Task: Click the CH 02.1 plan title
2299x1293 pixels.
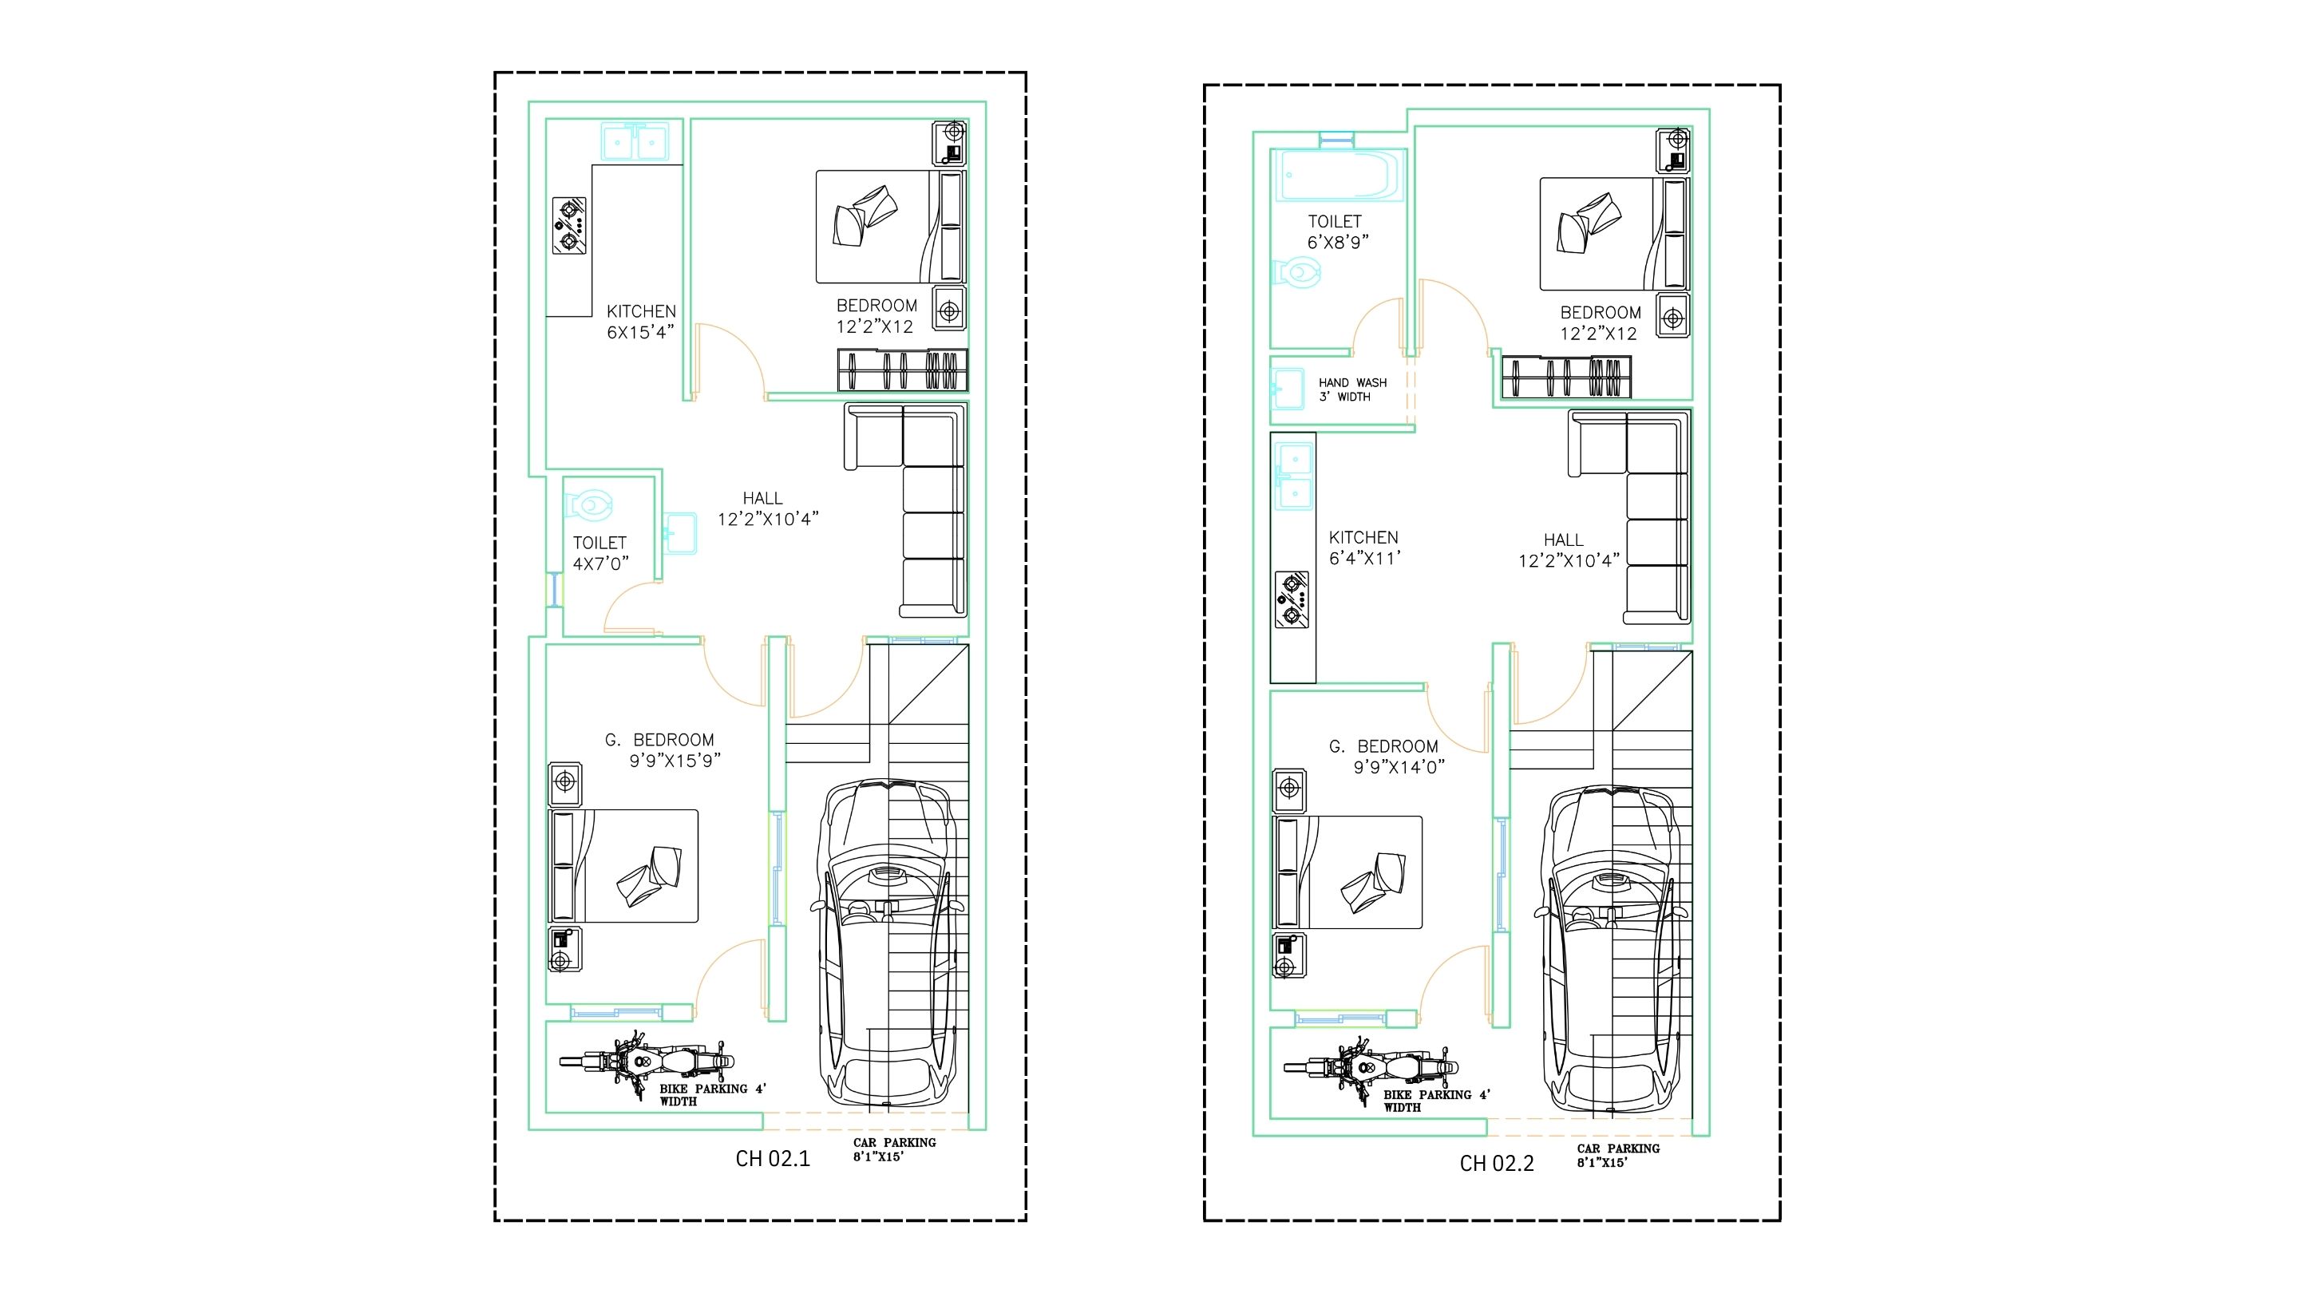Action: [x=773, y=1158]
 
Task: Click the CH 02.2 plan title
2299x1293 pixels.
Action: [x=1497, y=1164]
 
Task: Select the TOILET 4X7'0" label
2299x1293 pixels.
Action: [x=600, y=553]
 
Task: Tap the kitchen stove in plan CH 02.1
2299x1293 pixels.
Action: [x=569, y=227]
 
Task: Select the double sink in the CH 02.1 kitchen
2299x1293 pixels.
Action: [x=634, y=141]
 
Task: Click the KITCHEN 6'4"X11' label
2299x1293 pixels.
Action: [x=1363, y=548]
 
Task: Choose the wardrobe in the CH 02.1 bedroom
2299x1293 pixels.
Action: [x=902, y=370]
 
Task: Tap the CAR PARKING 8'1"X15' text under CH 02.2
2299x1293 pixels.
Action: [x=1618, y=1156]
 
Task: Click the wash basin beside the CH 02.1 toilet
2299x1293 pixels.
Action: [x=679, y=534]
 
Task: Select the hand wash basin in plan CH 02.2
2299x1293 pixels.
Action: [x=1288, y=389]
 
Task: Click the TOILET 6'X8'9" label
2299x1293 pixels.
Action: [x=1337, y=231]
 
